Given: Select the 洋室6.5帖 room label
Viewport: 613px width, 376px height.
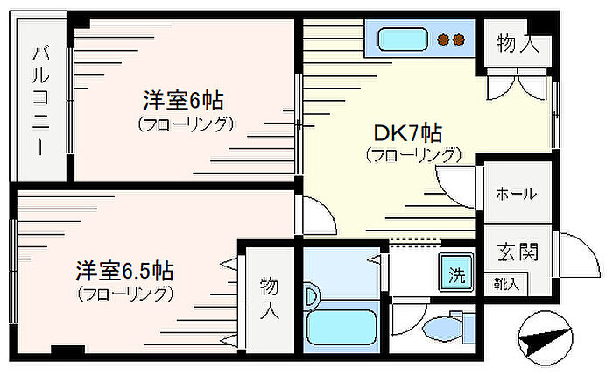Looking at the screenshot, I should tap(123, 269).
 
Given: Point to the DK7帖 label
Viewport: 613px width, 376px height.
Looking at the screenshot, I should tap(407, 134).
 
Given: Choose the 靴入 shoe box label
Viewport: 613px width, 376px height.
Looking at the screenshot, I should tap(505, 284).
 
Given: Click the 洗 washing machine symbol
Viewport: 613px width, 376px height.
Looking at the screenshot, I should tap(456, 272).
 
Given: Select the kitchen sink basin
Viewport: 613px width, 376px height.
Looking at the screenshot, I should tap(402, 39).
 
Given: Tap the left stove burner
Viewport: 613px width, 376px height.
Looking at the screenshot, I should tap(444, 39).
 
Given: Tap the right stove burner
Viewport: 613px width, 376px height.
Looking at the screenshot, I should tap(460, 39).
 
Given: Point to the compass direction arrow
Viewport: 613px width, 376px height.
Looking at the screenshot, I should tap(542, 337).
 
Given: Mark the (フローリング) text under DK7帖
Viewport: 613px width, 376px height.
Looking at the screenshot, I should tap(413, 156).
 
